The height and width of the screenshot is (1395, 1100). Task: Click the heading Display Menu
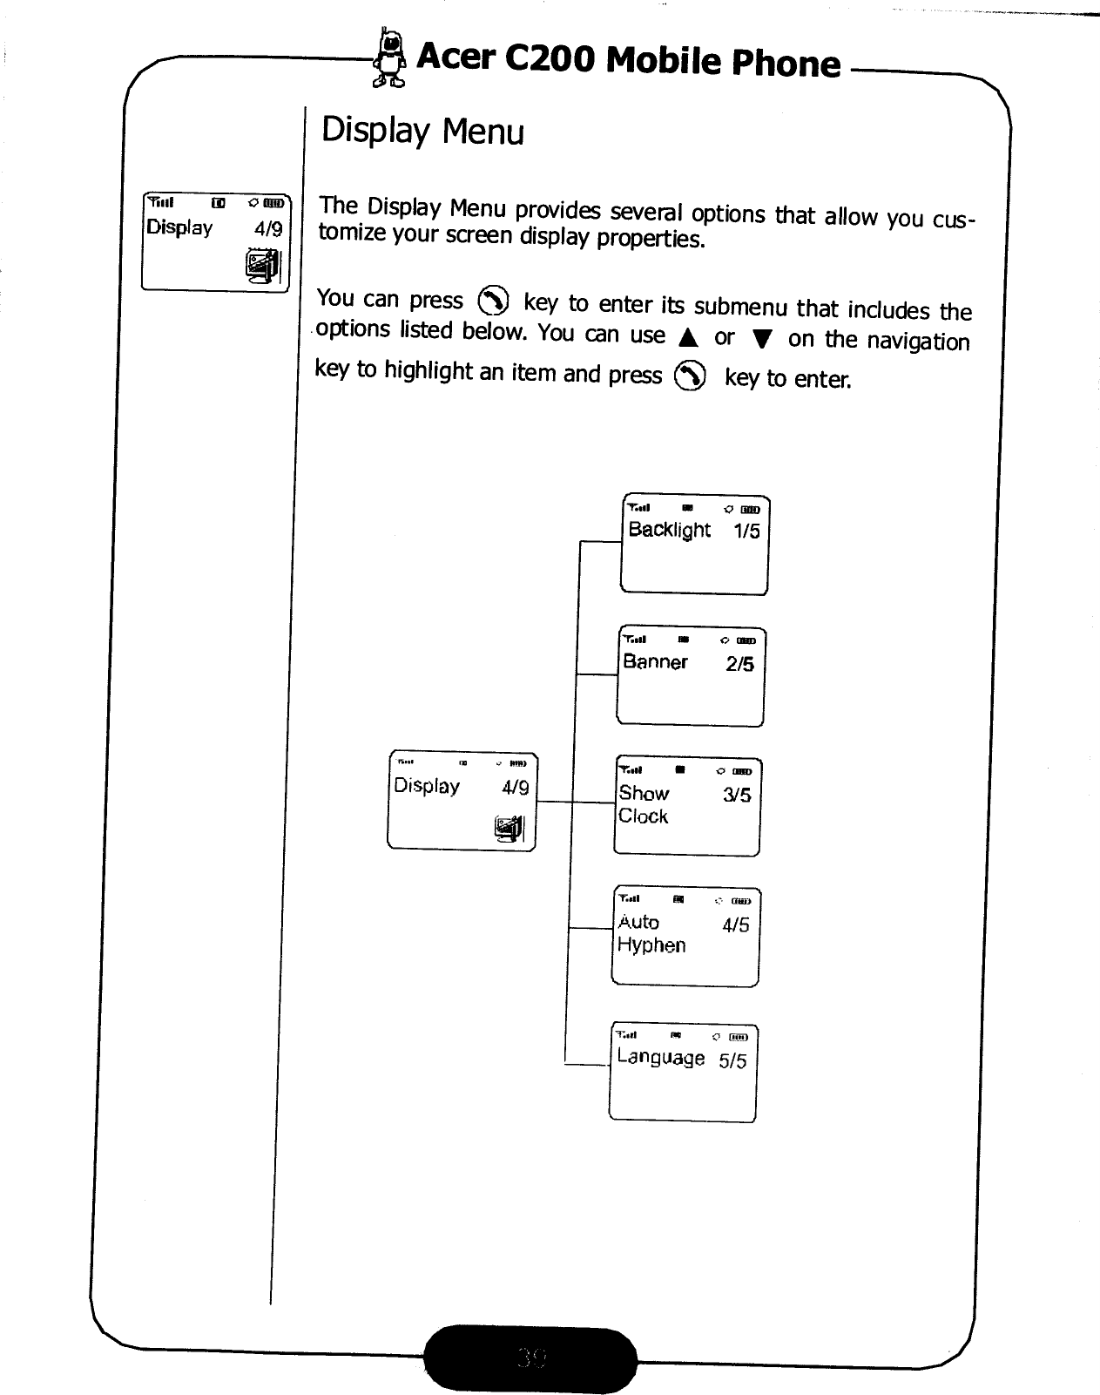(422, 132)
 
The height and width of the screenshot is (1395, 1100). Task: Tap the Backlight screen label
(669, 530)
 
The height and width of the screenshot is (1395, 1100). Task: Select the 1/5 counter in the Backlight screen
(746, 532)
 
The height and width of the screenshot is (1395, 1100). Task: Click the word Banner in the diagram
(655, 662)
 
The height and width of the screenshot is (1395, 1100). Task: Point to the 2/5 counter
(739, 664)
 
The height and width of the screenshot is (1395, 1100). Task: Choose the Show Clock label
(644, 804)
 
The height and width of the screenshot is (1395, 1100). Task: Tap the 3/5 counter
(737, 795)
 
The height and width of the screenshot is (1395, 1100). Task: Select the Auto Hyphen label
(651, 933)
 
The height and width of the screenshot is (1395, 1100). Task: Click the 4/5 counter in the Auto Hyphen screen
(735, 925)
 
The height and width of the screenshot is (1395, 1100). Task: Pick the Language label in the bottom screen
(660, 1058)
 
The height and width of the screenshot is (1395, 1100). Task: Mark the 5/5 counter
(732, 1060)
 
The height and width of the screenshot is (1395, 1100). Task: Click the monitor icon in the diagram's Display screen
(510, 827)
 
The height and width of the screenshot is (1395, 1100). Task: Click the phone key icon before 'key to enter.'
(691, 376)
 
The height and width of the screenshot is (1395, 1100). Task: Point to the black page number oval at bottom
(530, 1357)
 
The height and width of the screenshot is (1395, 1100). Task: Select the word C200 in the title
(550, 58)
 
